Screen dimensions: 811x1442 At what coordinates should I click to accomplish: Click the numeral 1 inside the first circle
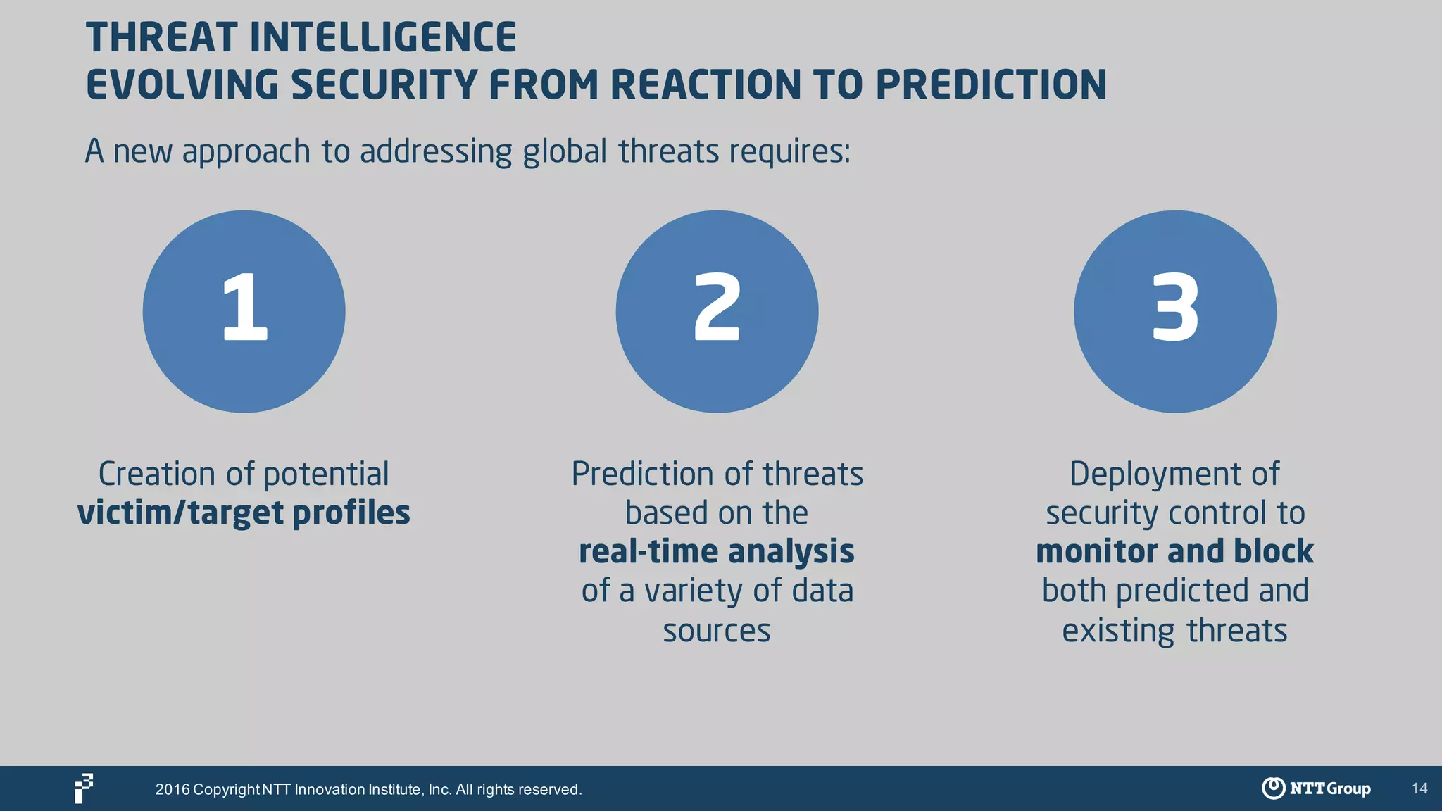244,308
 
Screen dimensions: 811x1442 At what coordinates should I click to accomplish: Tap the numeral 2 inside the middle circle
717,308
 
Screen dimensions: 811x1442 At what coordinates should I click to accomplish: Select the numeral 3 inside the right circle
1174,308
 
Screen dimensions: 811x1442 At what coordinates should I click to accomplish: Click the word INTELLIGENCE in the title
383,37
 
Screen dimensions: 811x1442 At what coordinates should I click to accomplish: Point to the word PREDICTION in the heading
991,85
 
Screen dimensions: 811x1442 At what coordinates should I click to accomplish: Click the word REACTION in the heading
705,85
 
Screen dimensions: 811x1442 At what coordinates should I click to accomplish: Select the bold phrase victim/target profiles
244,513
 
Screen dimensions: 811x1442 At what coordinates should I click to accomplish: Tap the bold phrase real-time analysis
717,551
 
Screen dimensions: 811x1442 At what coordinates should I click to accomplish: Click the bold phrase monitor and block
1174,551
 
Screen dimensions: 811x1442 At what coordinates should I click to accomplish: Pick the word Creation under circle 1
156,474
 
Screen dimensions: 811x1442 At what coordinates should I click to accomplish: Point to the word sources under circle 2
717,631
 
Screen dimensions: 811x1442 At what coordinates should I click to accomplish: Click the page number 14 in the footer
1419,788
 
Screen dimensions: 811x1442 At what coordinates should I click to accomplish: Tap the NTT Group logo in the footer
1316,788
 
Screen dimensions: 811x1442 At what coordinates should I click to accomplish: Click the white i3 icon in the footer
84,788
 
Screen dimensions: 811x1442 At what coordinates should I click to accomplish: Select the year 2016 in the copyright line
173,789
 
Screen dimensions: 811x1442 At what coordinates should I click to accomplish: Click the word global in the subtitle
565,151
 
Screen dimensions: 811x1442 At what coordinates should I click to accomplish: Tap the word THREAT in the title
163,37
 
